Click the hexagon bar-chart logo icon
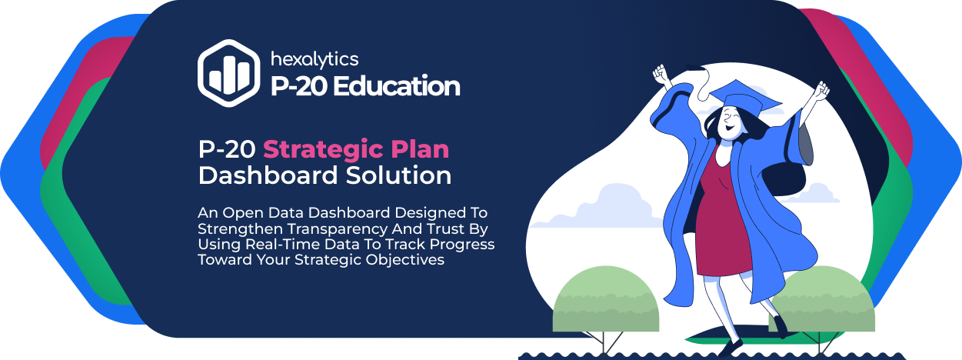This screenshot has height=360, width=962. [x=229, y=73]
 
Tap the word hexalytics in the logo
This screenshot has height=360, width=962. [x=315, y=60]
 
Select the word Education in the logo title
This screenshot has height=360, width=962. [x=396, y=86]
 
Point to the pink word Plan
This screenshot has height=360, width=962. [x=420, y=149]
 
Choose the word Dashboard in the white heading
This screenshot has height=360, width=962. [x=268, y=175]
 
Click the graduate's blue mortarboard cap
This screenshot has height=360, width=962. [x=745, y=97]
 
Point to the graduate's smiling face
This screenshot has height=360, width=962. [x=730, y=123]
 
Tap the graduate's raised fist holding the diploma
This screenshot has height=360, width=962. [x=661, y=75]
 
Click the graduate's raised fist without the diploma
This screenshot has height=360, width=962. [x=821, y=91]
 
